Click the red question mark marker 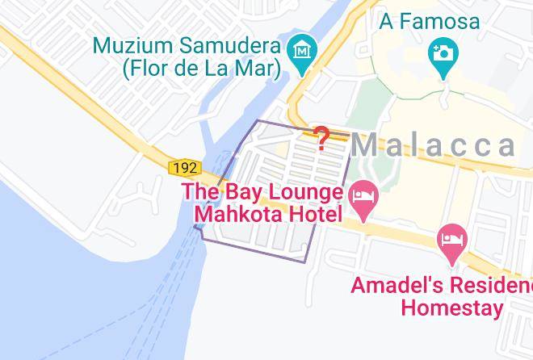(x=321, y=139)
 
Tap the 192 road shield (x=185, y=168)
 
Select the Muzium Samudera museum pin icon (x=303, y=51)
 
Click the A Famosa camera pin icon (x=443, y=53)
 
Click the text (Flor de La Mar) (x=201, y=69)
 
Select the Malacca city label (x=433, y=145)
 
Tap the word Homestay (x=452, y=308)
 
